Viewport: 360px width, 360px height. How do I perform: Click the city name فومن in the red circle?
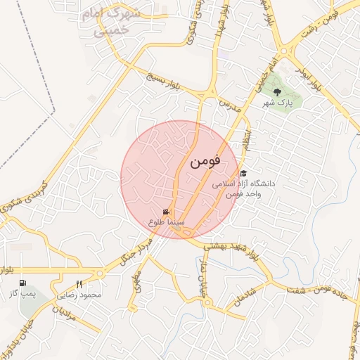tap(205, 161)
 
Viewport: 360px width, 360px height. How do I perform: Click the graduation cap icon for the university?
tap(243, 173)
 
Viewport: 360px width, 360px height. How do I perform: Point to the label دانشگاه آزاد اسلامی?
tap(249, 184)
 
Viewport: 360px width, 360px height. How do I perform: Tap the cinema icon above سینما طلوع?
tap(166, 212)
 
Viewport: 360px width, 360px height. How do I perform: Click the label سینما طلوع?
tap(167, 222)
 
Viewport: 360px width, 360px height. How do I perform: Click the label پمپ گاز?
tap(23, 292)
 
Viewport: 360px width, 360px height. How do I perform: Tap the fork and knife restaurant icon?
tap(79, 284)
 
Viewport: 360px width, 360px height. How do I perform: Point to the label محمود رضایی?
tap(79, 295)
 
